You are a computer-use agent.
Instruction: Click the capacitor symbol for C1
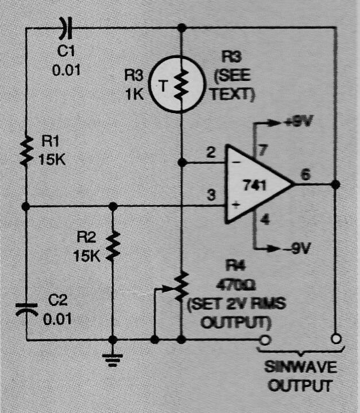pos(66,28)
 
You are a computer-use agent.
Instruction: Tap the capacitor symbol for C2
pos(26,309)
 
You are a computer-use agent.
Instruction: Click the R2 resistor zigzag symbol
pos(113,246)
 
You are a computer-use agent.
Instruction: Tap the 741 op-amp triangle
pos(258,184)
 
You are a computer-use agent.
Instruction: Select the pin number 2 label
pos(211,152)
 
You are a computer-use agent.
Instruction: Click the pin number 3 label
pos(211,195)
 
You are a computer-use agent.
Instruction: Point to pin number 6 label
pos(305,175)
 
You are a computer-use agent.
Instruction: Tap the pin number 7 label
pos(262,150)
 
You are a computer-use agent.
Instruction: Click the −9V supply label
pos(298,248)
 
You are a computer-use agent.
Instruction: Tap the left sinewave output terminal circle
pos(265,340)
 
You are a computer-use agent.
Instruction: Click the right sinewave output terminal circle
pos(336,339)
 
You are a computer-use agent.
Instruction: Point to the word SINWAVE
pos(301,367)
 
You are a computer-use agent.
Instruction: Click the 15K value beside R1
pos(52,159)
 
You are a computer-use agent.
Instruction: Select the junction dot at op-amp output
pos(335,184)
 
